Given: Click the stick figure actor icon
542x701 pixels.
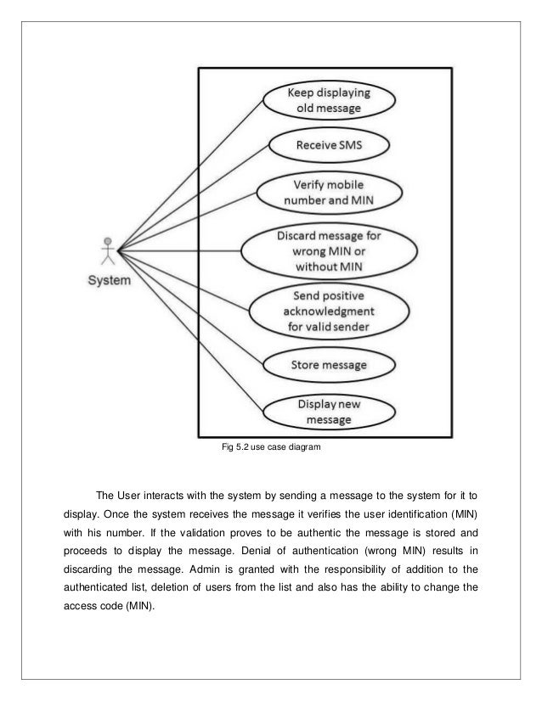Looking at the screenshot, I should [x=107, y=249].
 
